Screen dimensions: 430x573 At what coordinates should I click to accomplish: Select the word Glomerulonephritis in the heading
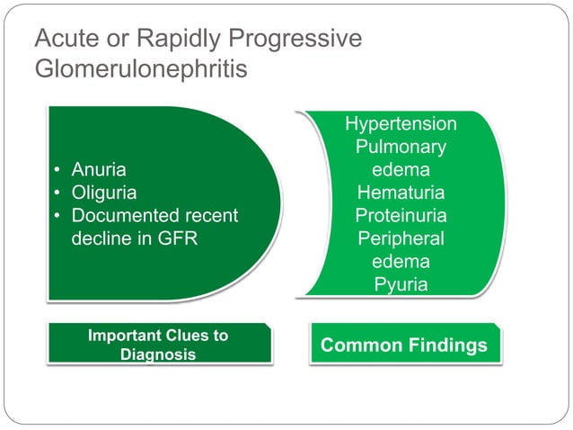click(x=140, y=70)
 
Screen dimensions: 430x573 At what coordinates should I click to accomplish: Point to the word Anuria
click(x=99, y=170)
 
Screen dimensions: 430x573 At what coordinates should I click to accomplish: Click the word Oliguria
click(x=104, y=193)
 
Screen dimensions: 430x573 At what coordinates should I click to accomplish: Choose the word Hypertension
click(x=401, y=124)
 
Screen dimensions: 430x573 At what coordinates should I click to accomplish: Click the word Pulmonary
click(x=401, y=147)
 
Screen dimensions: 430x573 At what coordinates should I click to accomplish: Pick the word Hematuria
click(x=401, y=193)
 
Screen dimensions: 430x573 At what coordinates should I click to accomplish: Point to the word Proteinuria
click(x=401, y=216)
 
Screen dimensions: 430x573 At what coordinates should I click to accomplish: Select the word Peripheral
click(x=401, y=239)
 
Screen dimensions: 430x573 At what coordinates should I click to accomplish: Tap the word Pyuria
click(x=401, y=285)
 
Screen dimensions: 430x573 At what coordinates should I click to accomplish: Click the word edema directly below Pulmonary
click(x=401, y=170)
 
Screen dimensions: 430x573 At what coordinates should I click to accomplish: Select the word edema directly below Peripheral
click(x=401, y=262)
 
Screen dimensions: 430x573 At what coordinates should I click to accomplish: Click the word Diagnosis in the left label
click(x=158, y=354)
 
